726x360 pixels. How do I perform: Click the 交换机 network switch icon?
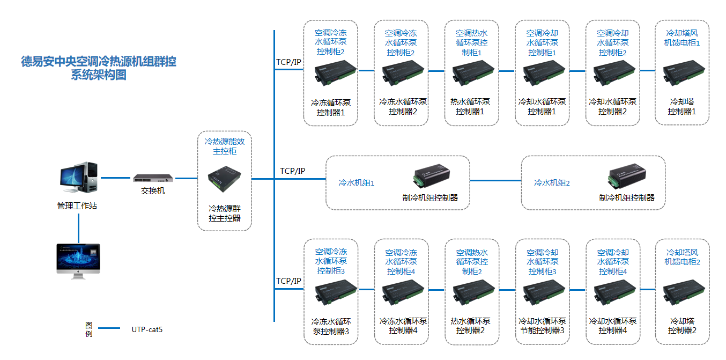tap(154, 178)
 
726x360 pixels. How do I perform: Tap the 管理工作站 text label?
tap(77, 205)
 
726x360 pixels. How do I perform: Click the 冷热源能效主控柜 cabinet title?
tap(225, 146)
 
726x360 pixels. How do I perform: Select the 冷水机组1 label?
tap(356, 183)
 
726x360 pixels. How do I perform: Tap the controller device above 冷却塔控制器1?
tap(682, 73)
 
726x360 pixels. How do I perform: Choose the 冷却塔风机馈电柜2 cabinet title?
tap(682, 257)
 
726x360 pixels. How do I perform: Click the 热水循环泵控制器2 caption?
tap(471, 326)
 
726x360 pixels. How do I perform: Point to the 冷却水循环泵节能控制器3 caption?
tap(542, 326)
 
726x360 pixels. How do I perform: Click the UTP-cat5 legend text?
tap(147, 329)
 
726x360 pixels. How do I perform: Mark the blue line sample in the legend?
tap(109, 329)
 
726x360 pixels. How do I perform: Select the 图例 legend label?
tap(88, 329)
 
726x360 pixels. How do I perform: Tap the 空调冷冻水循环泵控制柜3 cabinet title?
tap(331, 261)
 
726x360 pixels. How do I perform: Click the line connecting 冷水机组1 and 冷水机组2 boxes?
tap(495, 180)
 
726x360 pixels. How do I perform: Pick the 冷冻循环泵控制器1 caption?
tap(331, 107)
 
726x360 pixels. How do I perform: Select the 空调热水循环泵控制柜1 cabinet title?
tap(472, 42)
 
